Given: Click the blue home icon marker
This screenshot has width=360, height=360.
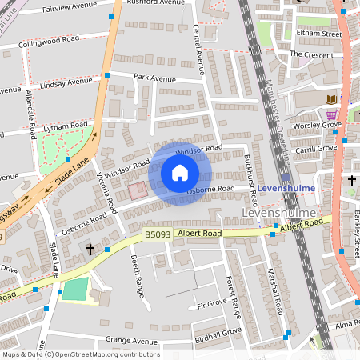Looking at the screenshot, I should [180, 173].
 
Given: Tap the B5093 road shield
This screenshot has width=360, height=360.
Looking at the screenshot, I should [158, 235].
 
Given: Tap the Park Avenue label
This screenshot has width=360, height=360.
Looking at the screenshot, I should [154, 78].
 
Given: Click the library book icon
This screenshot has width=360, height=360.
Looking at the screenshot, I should [330, 99].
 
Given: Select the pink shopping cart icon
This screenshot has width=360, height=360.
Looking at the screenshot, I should [330, 115].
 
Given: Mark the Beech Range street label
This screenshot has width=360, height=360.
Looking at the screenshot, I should [137, 272].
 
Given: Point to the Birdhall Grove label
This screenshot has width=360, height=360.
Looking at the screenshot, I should [218, 330].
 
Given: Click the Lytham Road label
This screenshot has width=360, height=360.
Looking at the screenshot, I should [66, 126].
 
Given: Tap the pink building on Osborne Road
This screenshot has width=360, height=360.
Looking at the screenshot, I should [138, 190].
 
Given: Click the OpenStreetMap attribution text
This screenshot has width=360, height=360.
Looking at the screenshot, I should [80, 354].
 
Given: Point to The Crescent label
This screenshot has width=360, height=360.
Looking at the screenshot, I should [310, 54].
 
